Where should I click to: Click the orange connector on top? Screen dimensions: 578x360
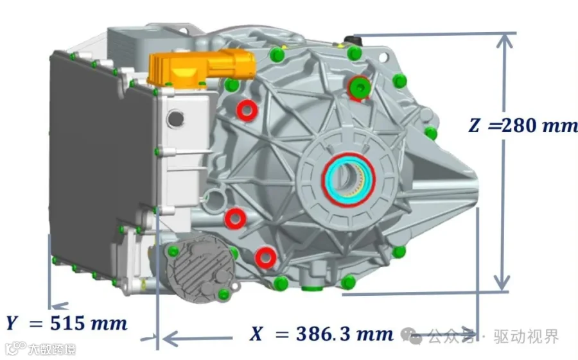[202, 68]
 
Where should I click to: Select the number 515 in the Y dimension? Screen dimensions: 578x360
[67, 323]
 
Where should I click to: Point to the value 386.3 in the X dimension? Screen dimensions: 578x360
[323, 334]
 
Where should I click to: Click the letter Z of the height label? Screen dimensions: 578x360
[474, 125]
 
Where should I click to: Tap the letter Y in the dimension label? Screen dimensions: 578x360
[12, 323]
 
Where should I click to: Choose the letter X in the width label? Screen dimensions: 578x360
[256, 334]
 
